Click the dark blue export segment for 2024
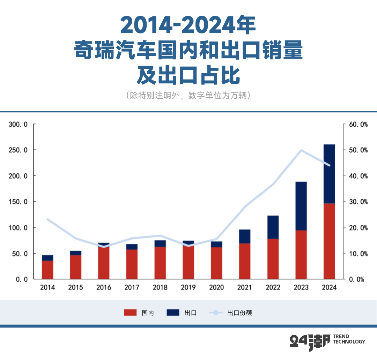(x=329, y=174)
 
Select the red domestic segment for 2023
(x=301, y=255)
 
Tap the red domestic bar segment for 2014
(x=47, y=270)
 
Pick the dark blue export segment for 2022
(x=273, y=227)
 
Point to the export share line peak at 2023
(x=301, y=150)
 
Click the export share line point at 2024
(x=329, y=165)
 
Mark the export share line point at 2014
(x=47, y=219)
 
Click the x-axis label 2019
(x=188, y=287)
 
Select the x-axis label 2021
(x=245, y=287)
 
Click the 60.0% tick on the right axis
(x=358, y=124)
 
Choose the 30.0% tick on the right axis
(x=358, y=202)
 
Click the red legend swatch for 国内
(x=131, y=313)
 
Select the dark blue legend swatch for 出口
(x=173, y=313)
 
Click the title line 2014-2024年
(x=188, y=25)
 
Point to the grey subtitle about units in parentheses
(x=188, y=96)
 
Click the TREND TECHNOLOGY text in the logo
(x=349, y=339)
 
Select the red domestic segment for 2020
(x=216, y=263)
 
